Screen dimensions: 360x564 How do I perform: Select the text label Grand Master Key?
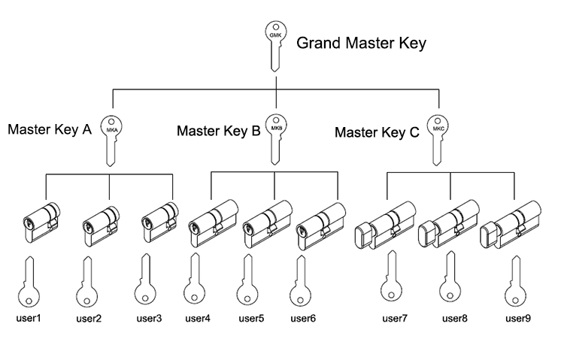pos(361,43)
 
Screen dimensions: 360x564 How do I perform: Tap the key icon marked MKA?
pos(111,138)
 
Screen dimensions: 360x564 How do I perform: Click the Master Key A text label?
pos(50,129)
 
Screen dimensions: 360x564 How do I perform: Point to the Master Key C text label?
pos(377,133)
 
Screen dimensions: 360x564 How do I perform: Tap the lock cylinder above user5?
pos(268,223)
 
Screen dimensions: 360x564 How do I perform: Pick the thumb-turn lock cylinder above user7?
pos(385,225)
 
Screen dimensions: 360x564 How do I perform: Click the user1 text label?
pos(29,317)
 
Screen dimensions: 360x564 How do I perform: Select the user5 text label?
pos(251,318)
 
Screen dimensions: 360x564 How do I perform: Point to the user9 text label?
pos(519,318)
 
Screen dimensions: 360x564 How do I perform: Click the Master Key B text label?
pos(218,132)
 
